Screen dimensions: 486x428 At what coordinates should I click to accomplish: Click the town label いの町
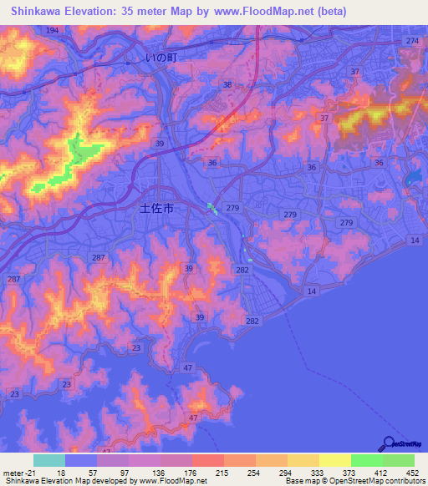click(161, 58)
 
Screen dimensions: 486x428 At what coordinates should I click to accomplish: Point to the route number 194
click(53, 30)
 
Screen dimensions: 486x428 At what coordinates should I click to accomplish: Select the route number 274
click(410, 41)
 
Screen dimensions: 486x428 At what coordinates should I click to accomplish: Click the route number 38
click(227, 85)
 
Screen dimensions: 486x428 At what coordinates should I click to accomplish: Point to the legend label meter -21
click(18, 473)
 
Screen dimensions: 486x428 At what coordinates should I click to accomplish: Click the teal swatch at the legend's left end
click(49, 460)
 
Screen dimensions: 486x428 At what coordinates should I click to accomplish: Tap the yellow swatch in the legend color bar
click(334, 460)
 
